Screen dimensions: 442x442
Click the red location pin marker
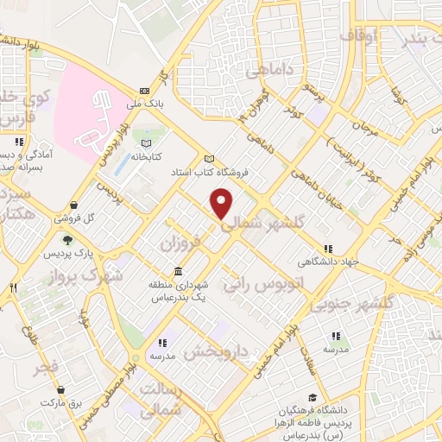(x=223, y=204)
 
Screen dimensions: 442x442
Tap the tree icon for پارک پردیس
(x=67, y=241)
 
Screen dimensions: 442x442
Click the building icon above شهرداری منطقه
(x=178, y=270)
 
